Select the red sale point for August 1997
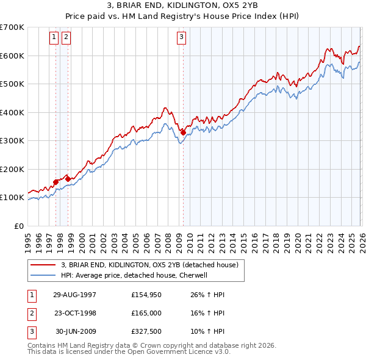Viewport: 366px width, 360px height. (56, 181)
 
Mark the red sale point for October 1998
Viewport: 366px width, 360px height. (68, 179)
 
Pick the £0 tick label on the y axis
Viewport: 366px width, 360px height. (18, 226)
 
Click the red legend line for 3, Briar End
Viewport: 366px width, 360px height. (44, 265)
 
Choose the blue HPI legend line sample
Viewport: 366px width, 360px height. (44, 275)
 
